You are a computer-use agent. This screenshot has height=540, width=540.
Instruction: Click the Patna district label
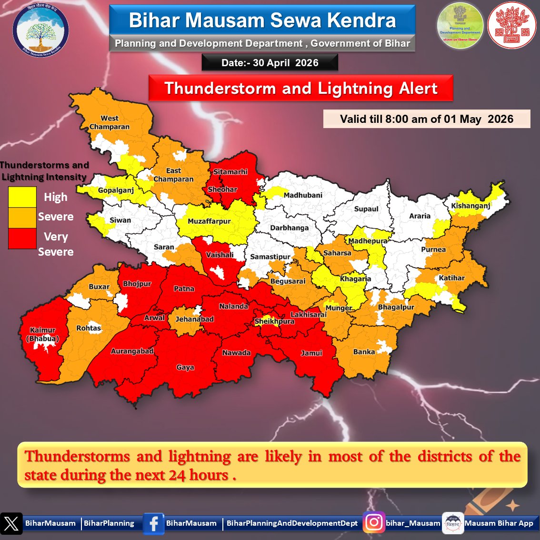[x=184, y=289]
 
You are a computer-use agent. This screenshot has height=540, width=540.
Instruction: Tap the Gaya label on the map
[x=185, y=367]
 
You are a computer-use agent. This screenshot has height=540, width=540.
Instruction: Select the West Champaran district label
[x=110, y=122]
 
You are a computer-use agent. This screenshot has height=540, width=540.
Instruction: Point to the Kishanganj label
[x=470, y=206]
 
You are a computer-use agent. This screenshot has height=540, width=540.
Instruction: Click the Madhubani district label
[x=303, y=195]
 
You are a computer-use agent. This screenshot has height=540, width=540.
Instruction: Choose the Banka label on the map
[x=364, y=352]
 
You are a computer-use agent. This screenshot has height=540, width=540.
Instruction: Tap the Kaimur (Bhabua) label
[x=43, y=334]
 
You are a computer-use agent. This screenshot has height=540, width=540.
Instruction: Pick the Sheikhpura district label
[x=274, y=321]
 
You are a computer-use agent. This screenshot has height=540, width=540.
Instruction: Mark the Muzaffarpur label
[x=209, y=221]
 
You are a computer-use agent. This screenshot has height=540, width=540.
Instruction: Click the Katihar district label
[x=451, y=278]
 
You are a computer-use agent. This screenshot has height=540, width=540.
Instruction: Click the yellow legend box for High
[x=22, y=197]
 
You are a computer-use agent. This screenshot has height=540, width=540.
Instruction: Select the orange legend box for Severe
[x=22, y=217]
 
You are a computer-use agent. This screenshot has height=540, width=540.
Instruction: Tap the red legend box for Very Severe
[x=22, y=238]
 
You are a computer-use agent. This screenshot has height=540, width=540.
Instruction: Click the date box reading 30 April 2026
[x=270, y=63]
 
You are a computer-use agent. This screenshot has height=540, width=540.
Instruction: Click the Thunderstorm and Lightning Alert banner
[x=300, y=89]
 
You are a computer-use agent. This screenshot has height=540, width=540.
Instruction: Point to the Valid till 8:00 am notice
[x=426, y=119]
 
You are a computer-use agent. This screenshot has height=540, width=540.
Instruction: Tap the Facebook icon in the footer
[x=153, y=523]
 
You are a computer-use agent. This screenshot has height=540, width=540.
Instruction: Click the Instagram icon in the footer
[x=374, y=523]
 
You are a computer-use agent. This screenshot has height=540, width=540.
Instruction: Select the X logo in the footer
[x=11, y=523]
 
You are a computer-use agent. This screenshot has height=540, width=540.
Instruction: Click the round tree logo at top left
[x=40, y=30]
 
